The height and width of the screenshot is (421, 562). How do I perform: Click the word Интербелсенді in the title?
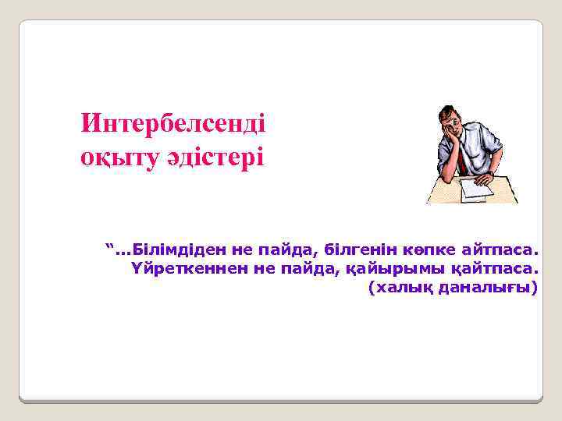click(x=173, y=124)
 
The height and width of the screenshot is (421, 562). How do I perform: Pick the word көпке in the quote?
click(x=431, y=250)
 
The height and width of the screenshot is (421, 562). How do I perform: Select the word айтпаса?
click(x=500, y=250)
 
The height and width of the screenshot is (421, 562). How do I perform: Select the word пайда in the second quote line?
click(x=311, y=269)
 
